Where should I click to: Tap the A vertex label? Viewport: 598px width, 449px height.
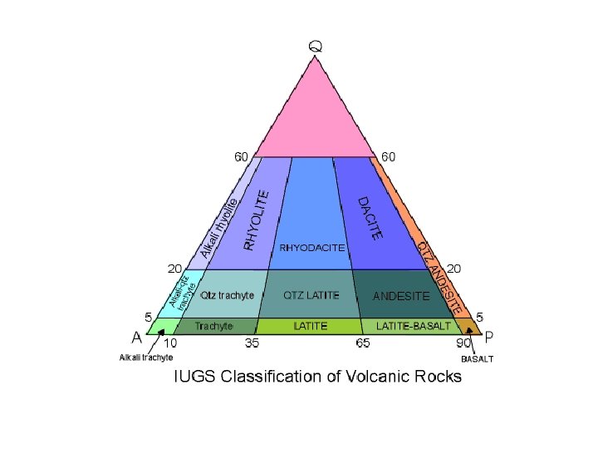tap(135, 338)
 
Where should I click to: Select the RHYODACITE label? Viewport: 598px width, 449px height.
tap(311, 248)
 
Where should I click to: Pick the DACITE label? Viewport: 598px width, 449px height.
tap(370, 218)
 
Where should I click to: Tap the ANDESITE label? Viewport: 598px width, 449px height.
tap(401, 295)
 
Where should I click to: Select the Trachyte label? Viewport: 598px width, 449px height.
tap(214, 326)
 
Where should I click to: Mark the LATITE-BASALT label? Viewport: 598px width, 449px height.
tap(413, 326)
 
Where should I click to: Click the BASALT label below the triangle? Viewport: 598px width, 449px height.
tap(478, 359)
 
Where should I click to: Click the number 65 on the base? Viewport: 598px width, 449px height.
tap(363, 343)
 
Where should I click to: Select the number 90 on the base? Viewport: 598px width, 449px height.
tap(462, 343)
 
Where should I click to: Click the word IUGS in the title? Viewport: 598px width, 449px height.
tap(194, 377)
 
